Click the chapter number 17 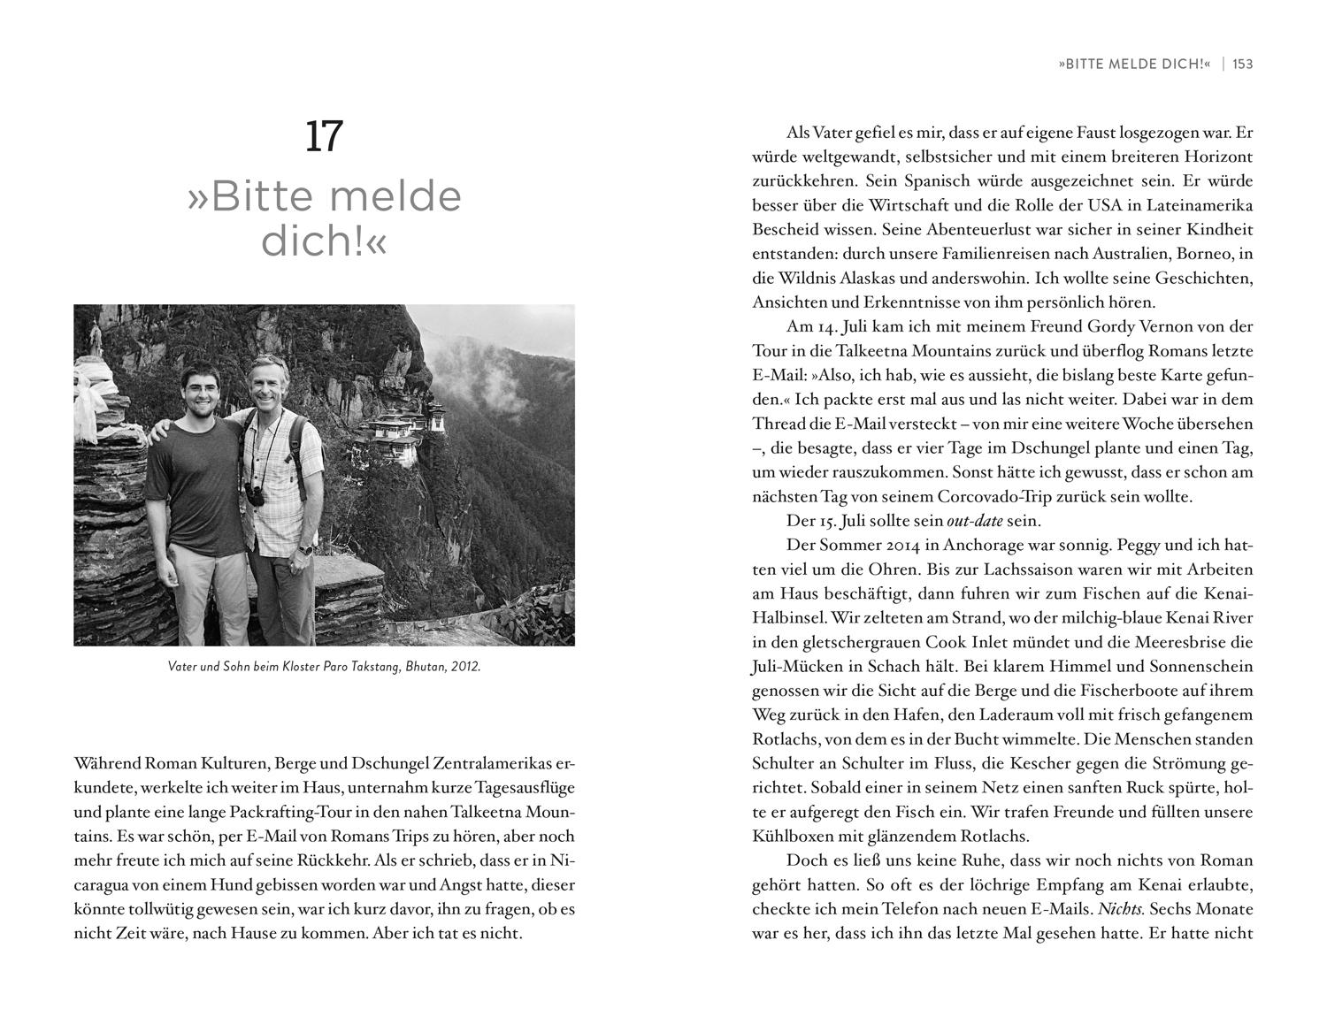click(324, 136)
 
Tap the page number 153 click(1242, 65)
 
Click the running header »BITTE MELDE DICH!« click(1133, 65)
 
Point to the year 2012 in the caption click(464, 667)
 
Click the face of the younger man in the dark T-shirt click(196, 389)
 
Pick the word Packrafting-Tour click(328, 812)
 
